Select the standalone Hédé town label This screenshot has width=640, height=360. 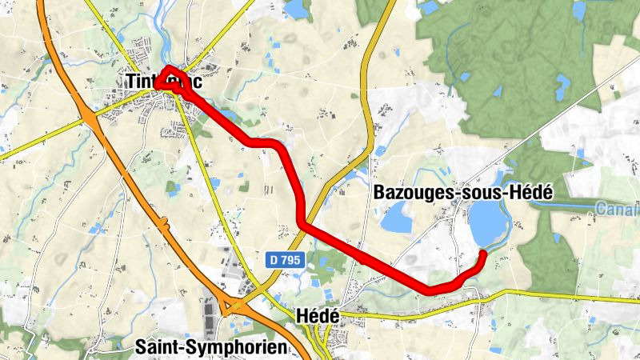pos(318,317)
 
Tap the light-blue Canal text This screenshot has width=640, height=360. pos(618,210)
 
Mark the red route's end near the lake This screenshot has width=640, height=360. pos(483,254)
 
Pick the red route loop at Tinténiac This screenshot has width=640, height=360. pos(169,78)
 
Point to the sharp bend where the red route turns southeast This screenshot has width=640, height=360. pos(302,223)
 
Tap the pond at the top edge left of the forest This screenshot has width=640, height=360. pos(297,8)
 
